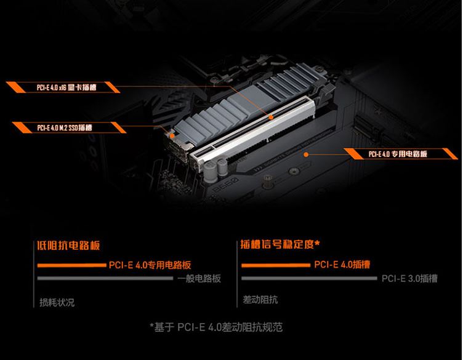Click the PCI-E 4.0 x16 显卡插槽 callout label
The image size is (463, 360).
click(x=66, y=87)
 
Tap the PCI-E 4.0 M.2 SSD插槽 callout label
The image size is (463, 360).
click(x=65, y=127)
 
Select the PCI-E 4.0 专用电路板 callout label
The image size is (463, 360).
click(x=398, y=154)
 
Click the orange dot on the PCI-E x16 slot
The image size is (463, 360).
click(x=271, y=117)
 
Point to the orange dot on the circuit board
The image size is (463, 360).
click(x=306, y=154)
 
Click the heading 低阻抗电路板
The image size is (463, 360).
click(x=68, y=246)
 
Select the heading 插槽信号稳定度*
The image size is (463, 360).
click(x=280, y=244)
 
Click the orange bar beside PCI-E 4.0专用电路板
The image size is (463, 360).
click(x=72, y=265)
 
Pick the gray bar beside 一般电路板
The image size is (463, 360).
click(x=105, y=278)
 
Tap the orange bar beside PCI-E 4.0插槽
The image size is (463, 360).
click(x=276, y=265)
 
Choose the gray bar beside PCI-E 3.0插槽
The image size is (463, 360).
click(x=309, y=278)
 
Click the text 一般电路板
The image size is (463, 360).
click(x=199, y=278)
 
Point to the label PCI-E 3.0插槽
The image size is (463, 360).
click(x=409, y=278)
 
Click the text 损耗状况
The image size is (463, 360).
click(x=57, y=302)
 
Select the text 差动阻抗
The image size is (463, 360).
click(x=260, y=300)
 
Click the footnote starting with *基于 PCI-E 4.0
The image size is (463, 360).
click(x=217, y=327)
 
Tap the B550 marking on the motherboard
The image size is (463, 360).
click(x=225, y=185)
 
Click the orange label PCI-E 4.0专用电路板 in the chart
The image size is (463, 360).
click(x=150, y=265)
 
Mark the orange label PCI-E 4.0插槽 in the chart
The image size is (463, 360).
click(x=342, y=265)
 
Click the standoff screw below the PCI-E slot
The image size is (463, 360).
click(x=267, y=180)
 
